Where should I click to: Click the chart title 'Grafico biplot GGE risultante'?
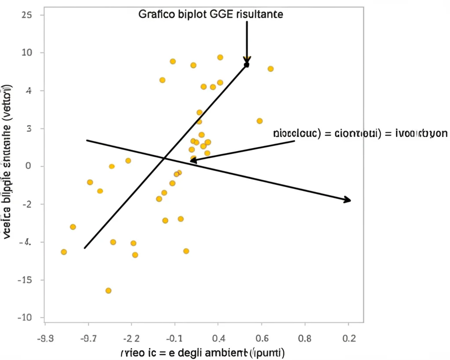pos(210,14)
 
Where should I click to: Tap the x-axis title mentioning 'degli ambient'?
pos(203,353)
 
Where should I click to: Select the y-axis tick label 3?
pos(29,128)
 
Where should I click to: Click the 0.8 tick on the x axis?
pos(305,338)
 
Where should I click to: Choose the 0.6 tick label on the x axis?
pos(262,338)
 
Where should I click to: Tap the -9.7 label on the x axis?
pos(88,338)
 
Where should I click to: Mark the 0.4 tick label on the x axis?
pos(218,338)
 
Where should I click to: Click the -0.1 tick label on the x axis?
pos(175,338)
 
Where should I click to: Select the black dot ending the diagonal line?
pos(247,65)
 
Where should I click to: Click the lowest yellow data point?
pos(108,291)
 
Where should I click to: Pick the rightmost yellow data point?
pos(271,69)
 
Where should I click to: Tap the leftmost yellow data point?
pos(64,252)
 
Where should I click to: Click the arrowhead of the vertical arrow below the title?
pos(247,60)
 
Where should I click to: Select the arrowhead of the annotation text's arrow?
pos(192,161)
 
